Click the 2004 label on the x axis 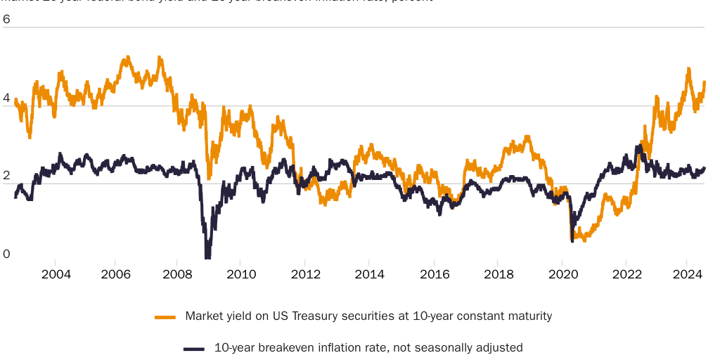pyautogui.click(x=56, y=274)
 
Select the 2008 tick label pyautogui.click(x=177, y=274)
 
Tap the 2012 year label pyautogui.click(x=304, y=274)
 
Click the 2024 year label pyautogui.click(x=686, y=274)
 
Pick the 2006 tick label pyautogui.click(x=117, y=274)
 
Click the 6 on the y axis pyautogui.click(x=6, y=20)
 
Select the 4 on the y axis pyautogui.click(x=6, y=98)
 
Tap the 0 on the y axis pyautogui.click(x=6, y=254)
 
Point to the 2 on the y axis pyautogui.click(x=6, y=176)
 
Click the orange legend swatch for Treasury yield pyautogui.click(x=165, y=317)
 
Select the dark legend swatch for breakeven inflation pyautogui.click(x=193, y=348)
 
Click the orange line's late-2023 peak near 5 pyautogui.click(x=688, y=69)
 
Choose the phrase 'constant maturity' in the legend pyautogui.click(x=510, y=316)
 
